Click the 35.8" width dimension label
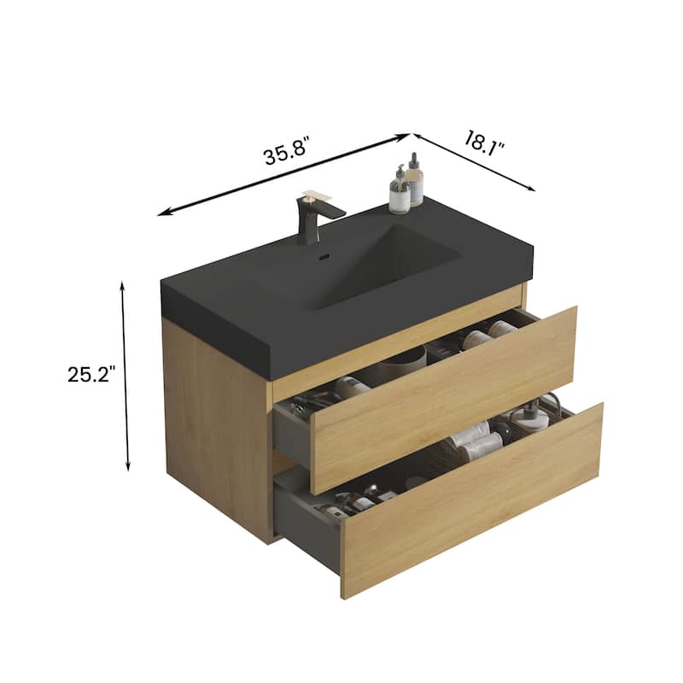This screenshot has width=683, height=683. tap(285, 155)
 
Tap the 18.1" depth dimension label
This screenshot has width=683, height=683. tap(485, 141)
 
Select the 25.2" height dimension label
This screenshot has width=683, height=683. tap(90, 374)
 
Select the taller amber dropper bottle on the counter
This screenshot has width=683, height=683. tap(414, 180)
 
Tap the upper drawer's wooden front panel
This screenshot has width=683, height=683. tap(444, 398)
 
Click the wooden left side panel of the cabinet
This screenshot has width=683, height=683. tap(218, 427)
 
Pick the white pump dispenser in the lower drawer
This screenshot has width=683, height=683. tap(529, 418)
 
